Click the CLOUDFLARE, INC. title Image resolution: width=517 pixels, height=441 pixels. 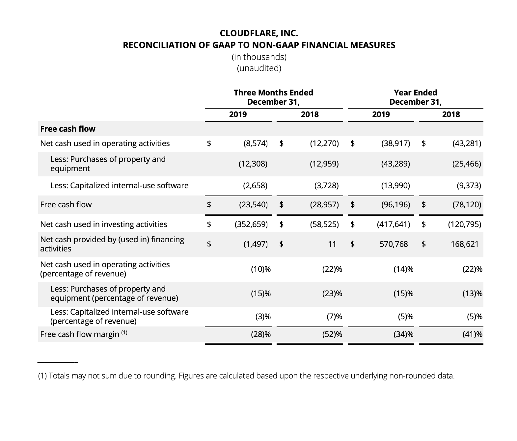pos(259,33)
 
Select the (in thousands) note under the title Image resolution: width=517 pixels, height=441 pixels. pos(259,57)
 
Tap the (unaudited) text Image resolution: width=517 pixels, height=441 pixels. pos(259,68)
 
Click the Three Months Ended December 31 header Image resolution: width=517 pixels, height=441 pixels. pos(273,97)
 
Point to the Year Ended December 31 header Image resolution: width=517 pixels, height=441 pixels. pos(415,97)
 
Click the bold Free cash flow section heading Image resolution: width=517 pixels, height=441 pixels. pos(68,129)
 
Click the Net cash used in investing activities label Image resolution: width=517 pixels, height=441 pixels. pos(103,224)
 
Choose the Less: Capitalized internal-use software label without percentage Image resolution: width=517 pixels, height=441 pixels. pos(119,185)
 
